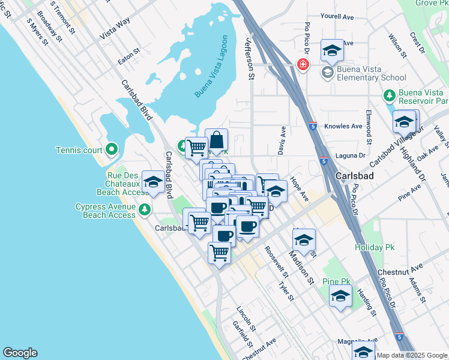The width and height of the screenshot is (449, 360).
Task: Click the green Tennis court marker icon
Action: pos(111,149)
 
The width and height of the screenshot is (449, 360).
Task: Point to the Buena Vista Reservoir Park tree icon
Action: pos(389,95)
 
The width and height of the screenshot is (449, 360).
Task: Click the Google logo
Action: pos(20,353)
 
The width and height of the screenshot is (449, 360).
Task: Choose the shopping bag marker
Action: pos(217,142)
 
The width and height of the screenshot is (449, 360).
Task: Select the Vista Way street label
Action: pos(115,29)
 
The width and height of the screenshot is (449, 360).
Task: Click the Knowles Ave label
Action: pos(343,127)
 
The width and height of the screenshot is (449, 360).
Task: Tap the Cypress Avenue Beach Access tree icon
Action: pos(144,209)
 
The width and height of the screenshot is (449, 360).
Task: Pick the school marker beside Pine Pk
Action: pos(341,296)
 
